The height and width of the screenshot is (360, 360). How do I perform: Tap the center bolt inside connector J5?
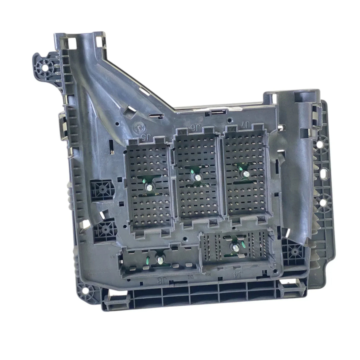[x=149, y=187]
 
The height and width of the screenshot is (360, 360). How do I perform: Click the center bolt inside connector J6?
[x=197, y=177]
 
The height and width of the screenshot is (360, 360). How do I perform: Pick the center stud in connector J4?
[x=235, y=248]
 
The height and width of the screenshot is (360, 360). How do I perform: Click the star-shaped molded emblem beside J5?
[x=139, y=128]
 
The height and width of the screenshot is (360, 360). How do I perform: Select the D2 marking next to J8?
[x=191, y=278]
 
